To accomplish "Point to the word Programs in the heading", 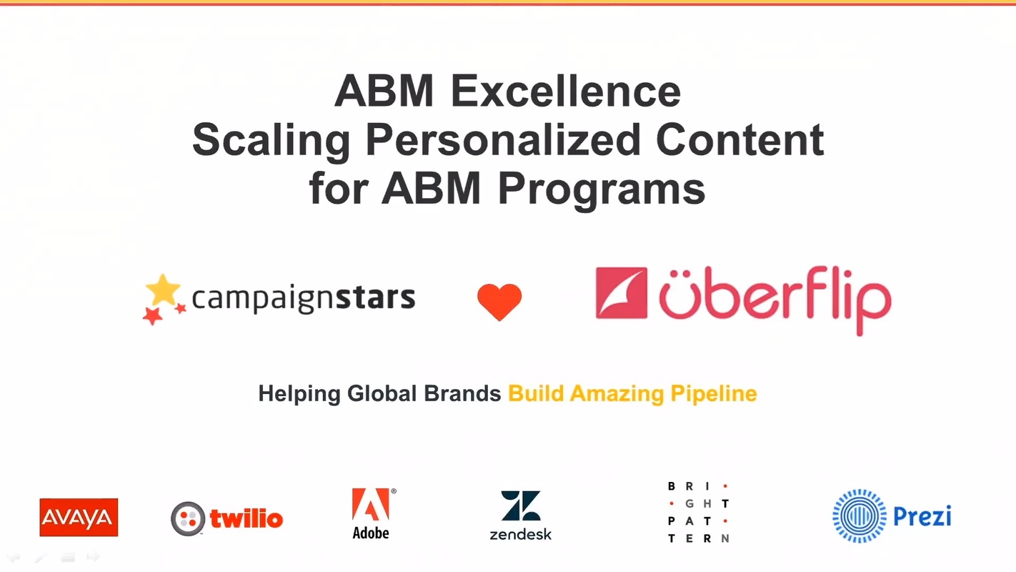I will pos(602,189).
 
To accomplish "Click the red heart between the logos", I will pos(499,301).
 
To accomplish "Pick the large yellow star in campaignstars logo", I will pos(164,290).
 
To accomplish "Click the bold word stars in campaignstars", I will pos(378,297).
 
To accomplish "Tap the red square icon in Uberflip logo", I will pos(621,292).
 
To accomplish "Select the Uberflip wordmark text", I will pos(775,299).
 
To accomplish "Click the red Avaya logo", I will pos(79,517).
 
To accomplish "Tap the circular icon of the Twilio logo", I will pos(188,518).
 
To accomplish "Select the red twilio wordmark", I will pos(246,518).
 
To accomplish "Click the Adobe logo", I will pos(372,513).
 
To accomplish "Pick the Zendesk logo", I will pos(520,515).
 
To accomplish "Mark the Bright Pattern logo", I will pos(698,512).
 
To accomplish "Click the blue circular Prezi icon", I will pos(859,516).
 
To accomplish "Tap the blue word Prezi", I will pos(922,516).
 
